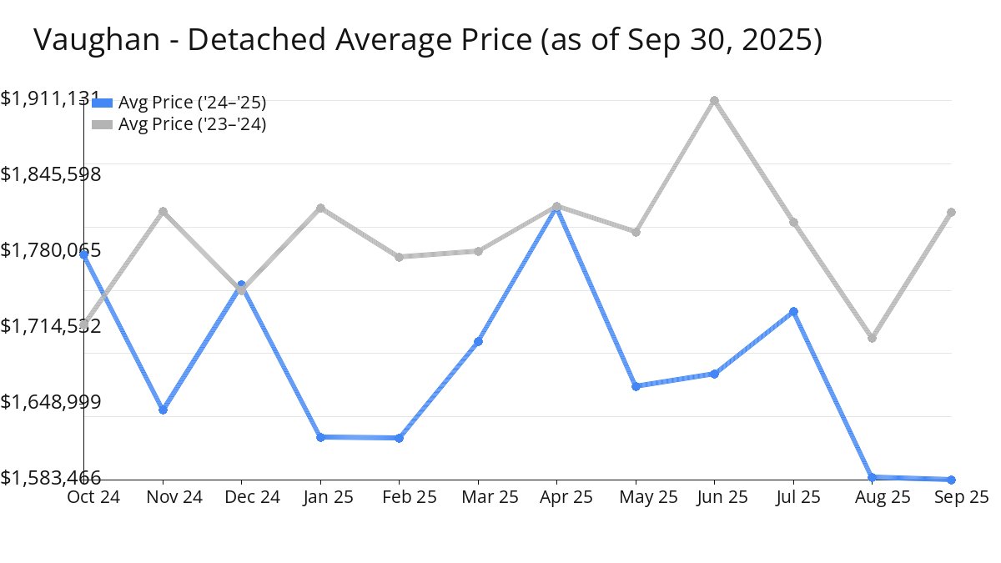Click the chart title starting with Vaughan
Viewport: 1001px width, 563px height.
(x=427, y=40)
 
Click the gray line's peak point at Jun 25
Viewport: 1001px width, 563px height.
(x=714, y=101)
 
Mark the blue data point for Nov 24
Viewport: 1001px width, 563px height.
(x=163, y=410)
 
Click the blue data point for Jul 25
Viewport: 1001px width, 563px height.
(x=794, y=311)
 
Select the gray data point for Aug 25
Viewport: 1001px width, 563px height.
(x=872, y=338)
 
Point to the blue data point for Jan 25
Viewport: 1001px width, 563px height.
(x=320, y=437)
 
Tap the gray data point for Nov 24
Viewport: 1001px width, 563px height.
(x=163, y=211)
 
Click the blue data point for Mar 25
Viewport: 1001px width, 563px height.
(x=478, y=341)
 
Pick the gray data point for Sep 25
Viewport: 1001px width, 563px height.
(x=951, y=212)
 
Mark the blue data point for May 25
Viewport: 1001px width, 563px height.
(x=636, y=386)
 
